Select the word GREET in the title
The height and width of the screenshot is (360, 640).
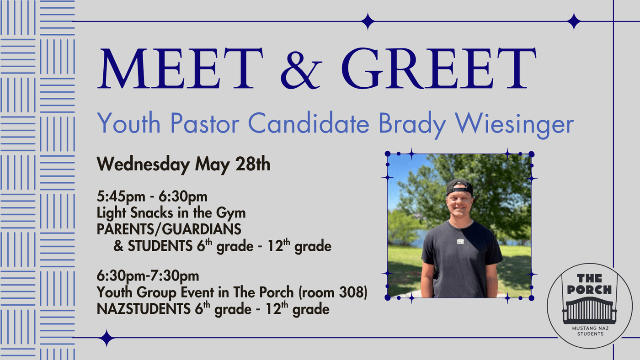pyautogui.click(x=439, y=68)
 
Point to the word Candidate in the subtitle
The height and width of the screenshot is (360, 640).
pyautogui.click(x=309, y=123)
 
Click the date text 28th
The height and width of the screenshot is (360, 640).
pyautogui.click(x=252, y=164)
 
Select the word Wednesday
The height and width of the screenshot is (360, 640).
pyautogui.click(x=143, y=164)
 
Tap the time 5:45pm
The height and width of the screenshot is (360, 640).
pyautogui.click(x=121, y=196)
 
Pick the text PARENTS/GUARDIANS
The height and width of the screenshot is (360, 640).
pyautogui.click(x=169, y=229)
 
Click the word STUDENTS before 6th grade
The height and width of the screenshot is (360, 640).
pyautogui.click(x=160, y=246)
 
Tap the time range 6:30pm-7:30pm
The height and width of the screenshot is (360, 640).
pyautogui.click(x=148, y=276)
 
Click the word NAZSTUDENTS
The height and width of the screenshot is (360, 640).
pyautogui.click(x=144, y=309)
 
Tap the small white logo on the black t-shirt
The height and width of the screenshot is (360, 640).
pyautogui.click(x=460, y=242)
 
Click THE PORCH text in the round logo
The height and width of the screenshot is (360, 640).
pyautogui.click(x=589, y=284)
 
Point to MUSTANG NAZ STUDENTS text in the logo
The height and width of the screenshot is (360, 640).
pyautogui.click(x=590, y=331)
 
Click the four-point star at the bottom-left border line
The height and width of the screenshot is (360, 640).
pyautogui.click(x=107, y=338)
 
